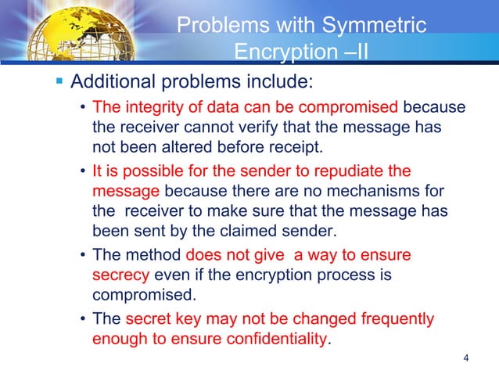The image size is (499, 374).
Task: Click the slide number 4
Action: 466,359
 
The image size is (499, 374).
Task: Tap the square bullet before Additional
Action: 59,82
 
